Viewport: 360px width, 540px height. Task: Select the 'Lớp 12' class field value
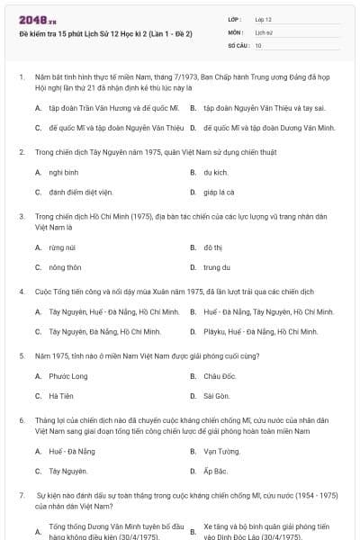263,19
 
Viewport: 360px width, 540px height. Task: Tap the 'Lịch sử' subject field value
263,31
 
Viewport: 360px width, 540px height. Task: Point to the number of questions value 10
258,44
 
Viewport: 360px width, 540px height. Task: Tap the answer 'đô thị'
212,247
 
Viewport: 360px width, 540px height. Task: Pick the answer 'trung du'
216,267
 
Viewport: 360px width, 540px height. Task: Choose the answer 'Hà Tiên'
61,396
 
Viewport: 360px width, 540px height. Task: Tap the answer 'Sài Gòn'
216,396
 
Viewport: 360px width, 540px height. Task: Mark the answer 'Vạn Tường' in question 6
221,451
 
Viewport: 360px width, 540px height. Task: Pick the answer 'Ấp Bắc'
214,472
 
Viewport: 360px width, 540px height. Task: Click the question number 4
22,292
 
